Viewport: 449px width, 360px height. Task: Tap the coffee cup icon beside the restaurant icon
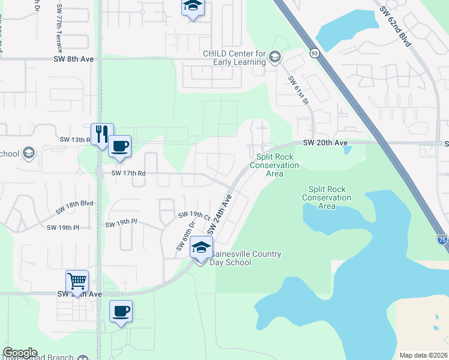point(120,146)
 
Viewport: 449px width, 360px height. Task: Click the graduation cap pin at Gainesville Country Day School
point(202,247)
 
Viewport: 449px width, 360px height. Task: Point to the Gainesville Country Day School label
point(246,259)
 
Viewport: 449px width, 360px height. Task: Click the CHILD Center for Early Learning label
point(234,58)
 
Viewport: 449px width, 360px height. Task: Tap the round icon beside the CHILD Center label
point(276,57)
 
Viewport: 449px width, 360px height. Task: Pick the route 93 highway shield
point(314,53)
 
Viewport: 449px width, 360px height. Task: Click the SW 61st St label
point(298,91)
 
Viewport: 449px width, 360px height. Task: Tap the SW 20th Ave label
point(325,143)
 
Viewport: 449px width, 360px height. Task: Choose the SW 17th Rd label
point(130,173)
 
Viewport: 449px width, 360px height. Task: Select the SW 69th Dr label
point(186,236)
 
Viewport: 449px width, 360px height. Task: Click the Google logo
point(20,353)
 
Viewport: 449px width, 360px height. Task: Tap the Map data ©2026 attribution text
point(423,355)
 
